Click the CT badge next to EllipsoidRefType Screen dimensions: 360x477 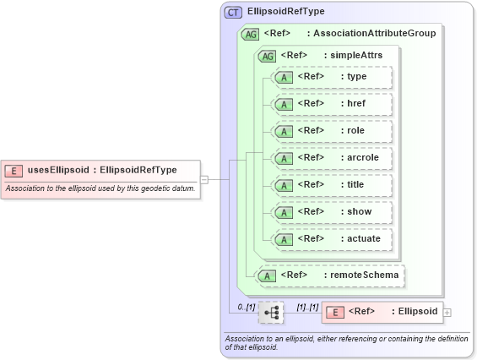(x=233, y=12)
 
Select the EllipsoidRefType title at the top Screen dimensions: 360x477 (x=286, y=12)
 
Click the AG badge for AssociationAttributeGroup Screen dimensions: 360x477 (x=251, y=34)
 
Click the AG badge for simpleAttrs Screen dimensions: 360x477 (x=268, y=56)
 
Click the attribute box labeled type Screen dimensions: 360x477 (x=333, y=78)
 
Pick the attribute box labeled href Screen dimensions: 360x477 (x=333, y=104)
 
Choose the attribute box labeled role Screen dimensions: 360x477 (x=333, y=131)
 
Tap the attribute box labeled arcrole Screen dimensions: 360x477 (x=333, y=158)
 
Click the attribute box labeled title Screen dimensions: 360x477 (x=333, y=185)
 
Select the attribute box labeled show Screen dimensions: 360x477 (x=333, y=211)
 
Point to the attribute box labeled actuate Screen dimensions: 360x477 (x=333, y=238)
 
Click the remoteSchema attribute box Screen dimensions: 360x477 (x=330, y=275)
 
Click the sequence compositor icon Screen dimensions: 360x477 (x=272, y=312)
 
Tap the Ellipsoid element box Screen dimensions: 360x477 (x=382, y=312)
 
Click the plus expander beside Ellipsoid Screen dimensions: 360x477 (x=447, y=313)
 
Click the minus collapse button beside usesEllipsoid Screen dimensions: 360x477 (x=204, y=179)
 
